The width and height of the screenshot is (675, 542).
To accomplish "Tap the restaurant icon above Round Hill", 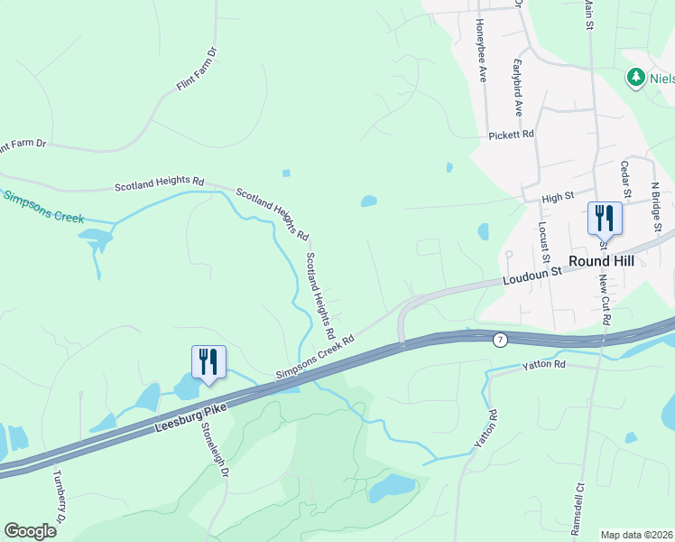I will (x=605, y=219).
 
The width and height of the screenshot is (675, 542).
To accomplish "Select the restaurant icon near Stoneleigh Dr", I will (x=208, y=363).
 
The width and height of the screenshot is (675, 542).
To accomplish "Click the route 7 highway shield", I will (x=499, y=340).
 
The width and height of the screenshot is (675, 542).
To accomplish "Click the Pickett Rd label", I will (x=512, y=135).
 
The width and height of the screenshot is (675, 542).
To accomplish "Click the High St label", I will (x=559, y=196).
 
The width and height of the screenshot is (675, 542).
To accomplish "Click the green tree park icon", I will (x=636, y=78).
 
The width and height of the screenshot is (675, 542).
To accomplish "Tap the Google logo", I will (x=30, y=531).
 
